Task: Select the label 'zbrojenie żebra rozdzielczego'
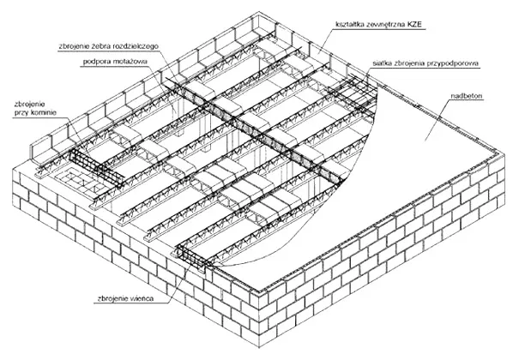108,46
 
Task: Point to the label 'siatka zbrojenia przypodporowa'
425,63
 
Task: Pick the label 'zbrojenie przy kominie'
35,108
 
